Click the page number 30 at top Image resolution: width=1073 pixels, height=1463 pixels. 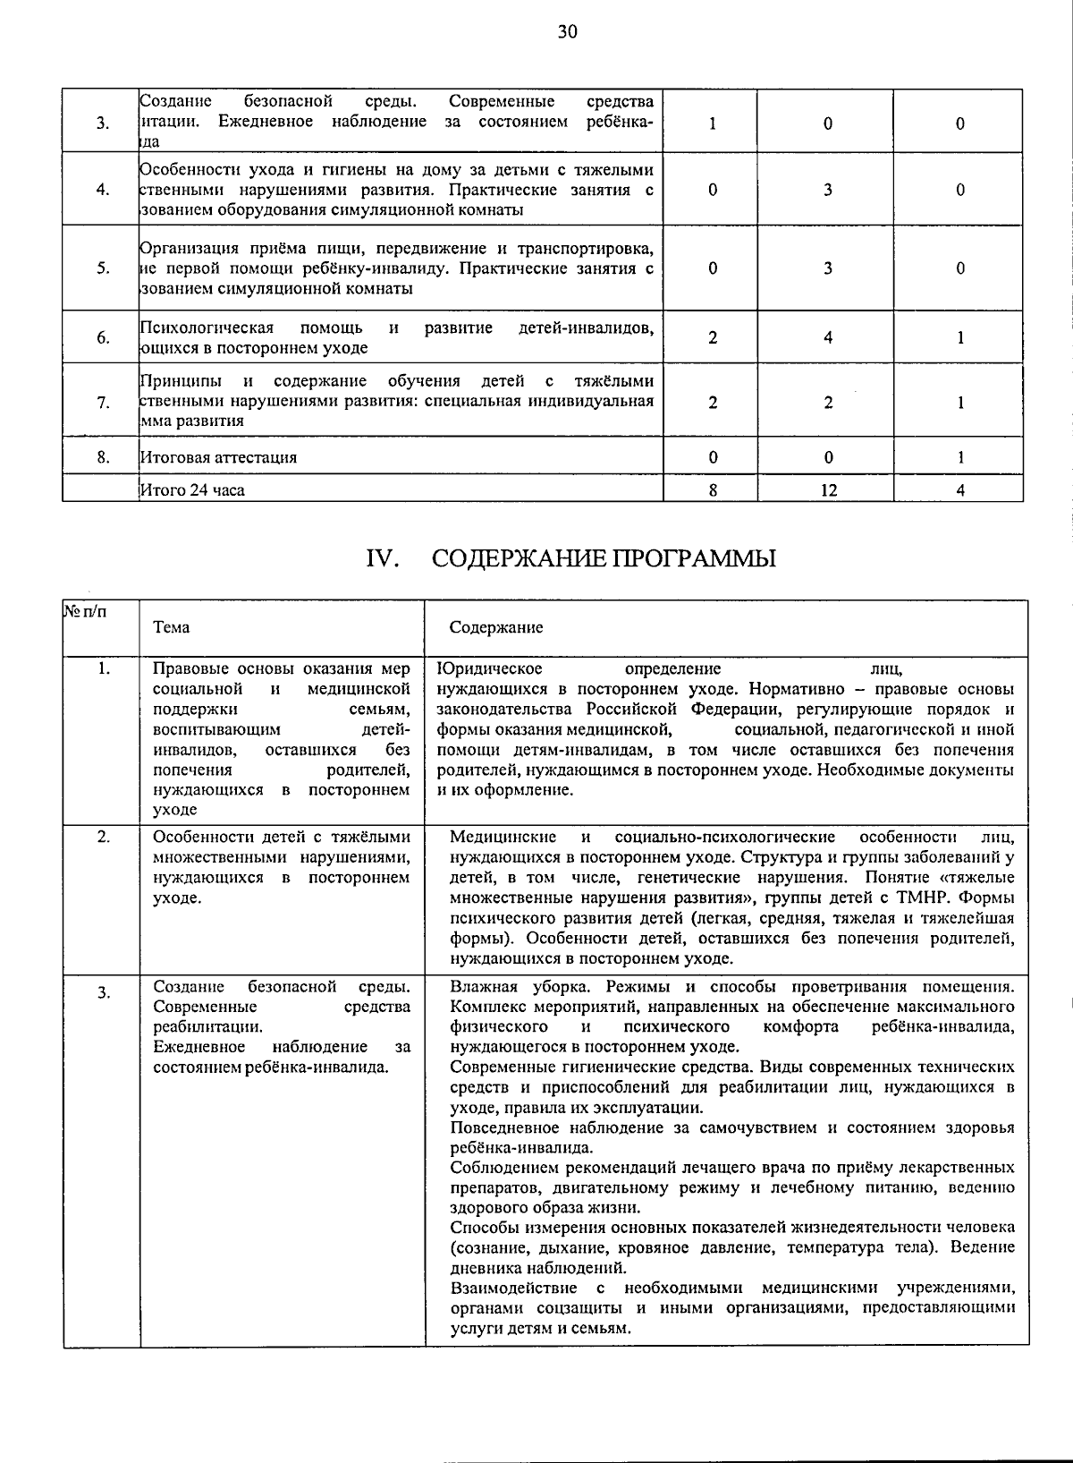pyautogui.click(x=568, y=33)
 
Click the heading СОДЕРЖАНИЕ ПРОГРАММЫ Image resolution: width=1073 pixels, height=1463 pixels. pyautogui.click(x=604, y=559)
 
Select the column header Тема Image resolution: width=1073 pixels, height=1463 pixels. pyautogui.click(x=171, y=627)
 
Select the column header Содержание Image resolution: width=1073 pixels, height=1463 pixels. pyautogui.click(x=495, y=627)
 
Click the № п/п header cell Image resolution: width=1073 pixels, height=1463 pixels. pyautogui.click(x=84, y=612)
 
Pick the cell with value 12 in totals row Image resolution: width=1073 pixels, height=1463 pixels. pyautogui.click(x=828, y=489)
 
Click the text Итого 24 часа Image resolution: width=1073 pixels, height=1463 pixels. pyautogui.click(x=192, y=489)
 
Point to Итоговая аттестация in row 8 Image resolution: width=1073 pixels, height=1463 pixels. pyautogui.click(x=219, y=457)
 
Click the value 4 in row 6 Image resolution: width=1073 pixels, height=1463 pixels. pyautogui.click(x=828, y=337)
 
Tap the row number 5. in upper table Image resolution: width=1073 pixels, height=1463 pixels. pyautogui.click(x=103, y=268)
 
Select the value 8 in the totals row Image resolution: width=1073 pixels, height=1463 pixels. pyautogui.click(x=712, y=489)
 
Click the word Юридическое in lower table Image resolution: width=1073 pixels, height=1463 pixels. pyautogui.click(x=490, y=669)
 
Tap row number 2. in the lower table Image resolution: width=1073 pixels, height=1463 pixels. pyautogui.click(x=103, y=838)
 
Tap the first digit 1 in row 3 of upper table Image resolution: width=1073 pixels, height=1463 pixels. pyautogui.click(x=712, y=124)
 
